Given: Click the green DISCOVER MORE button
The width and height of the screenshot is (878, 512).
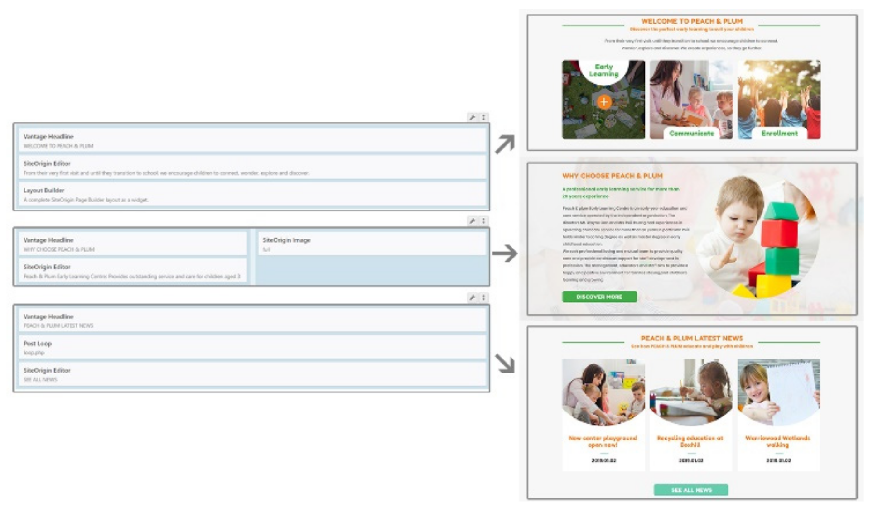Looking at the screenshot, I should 599,297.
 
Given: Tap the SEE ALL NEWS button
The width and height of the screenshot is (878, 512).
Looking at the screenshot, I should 691,490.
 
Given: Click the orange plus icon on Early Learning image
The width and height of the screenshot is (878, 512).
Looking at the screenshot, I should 603,102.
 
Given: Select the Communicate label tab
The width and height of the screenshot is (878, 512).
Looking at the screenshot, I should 691,133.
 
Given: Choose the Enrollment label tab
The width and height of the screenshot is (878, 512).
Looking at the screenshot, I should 779,133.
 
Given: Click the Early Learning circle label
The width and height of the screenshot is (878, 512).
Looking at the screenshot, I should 603,70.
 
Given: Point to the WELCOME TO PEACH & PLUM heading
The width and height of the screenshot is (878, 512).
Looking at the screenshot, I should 691,21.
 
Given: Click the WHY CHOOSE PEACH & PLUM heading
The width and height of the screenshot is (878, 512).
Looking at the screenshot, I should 612,176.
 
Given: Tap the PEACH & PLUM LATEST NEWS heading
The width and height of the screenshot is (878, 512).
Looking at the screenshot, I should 691,338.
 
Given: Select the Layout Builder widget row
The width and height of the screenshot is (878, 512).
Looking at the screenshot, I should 252,195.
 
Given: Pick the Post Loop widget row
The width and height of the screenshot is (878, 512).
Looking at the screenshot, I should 252,347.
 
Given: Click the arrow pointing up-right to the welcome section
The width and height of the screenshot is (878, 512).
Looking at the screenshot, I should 505,144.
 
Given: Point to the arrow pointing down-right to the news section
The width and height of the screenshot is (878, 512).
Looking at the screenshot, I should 504,363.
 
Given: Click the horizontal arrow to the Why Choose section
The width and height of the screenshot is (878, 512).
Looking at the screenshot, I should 504,253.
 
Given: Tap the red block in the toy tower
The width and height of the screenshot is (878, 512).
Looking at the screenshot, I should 779,233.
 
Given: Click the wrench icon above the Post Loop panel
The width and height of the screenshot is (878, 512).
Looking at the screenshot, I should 472,297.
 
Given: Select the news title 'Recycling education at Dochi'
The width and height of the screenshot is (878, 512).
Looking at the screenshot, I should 690,441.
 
